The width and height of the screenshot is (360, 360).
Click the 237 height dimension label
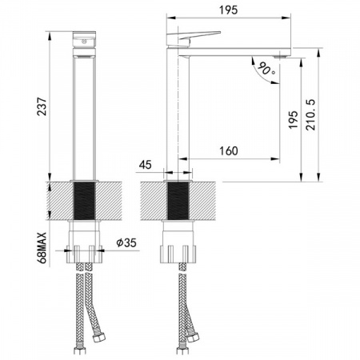tap(42, 106)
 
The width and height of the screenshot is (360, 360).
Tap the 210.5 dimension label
tap(310, 115)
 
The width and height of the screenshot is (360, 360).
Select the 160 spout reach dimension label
tap(229, 151)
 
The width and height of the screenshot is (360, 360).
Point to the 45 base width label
tap(145, 165)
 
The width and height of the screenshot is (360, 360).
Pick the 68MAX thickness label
tap(42, 248)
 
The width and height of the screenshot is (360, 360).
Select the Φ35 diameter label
tap(126, 242)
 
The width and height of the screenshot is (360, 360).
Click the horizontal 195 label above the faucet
tap(228, 10)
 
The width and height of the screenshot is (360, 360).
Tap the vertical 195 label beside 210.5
tap(293, 120)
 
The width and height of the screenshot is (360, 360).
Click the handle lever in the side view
tap(194, 38)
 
